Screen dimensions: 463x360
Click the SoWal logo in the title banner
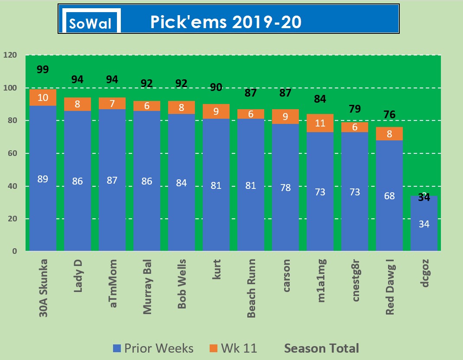[91, 21]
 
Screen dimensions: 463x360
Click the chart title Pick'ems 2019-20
[226, 22]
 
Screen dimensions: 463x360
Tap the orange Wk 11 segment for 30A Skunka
[43, 97]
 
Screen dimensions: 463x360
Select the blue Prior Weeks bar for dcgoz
[424, 224]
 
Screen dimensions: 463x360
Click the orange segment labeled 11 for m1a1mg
[320, 123]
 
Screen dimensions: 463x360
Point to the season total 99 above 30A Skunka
[43, 69]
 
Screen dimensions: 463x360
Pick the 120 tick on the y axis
[10, 55]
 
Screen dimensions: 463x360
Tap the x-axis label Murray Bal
[147, 287]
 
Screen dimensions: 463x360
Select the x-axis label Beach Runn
[251, 288]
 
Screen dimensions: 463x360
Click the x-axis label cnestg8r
[355, 281]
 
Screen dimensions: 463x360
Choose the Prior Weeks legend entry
[154, 348]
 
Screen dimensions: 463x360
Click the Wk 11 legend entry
[233, 348]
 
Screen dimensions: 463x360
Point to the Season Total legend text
[321, 348]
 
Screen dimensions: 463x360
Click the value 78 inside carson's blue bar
[285, 188]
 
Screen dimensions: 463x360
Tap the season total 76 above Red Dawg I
[389, 114]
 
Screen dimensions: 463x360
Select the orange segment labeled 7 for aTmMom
[112, 104]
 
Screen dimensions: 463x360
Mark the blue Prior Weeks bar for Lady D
[78, 181]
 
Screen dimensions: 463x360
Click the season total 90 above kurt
[216, 87]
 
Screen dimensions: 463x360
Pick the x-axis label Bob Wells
[182, 284]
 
